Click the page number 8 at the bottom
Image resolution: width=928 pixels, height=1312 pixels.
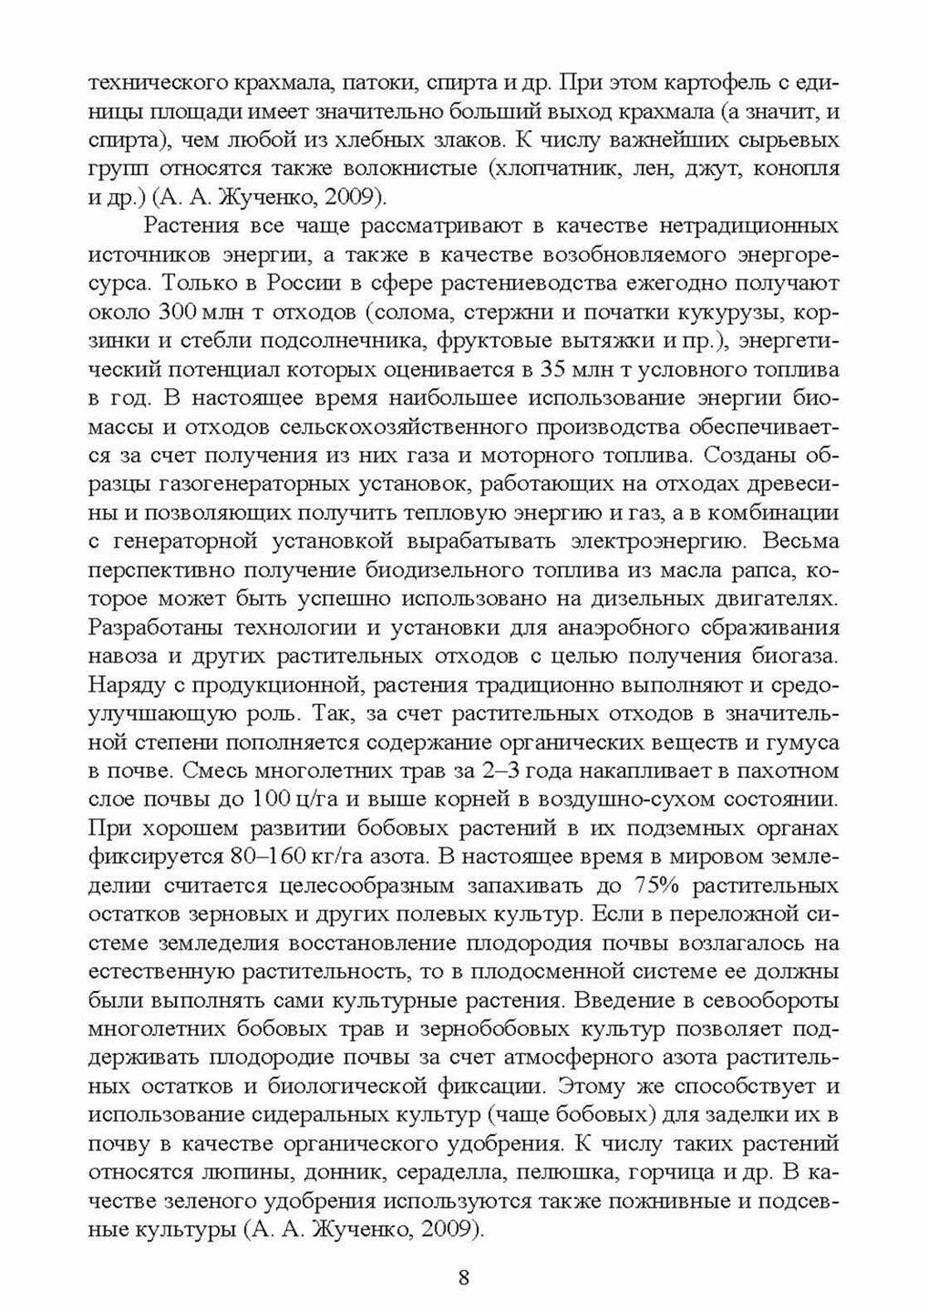coord(464,1276)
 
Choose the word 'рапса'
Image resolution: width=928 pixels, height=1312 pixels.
coord(754,571)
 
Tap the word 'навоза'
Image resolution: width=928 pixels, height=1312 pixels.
coord(119,658)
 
